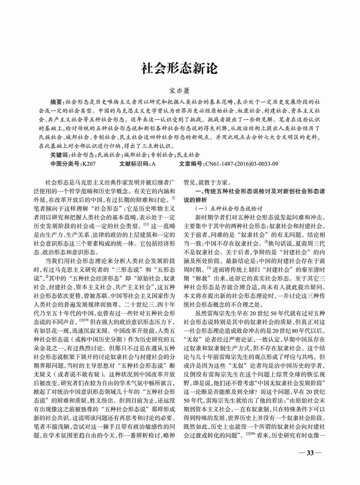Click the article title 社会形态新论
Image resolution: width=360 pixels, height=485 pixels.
coord(180,68)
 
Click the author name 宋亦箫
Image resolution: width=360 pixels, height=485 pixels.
coord(180,92)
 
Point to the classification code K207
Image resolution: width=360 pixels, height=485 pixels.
coord(89,164)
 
